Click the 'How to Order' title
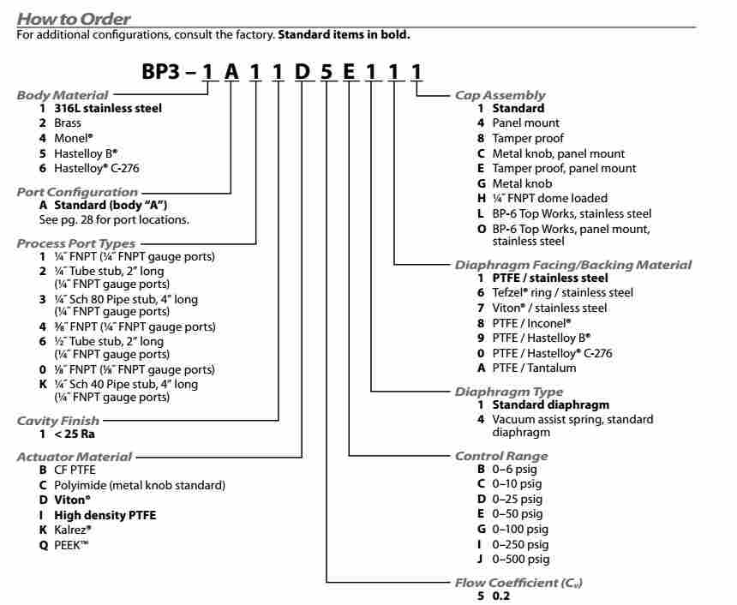coord(74,18)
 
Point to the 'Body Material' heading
coord(63,95)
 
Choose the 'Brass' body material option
coord(68,123)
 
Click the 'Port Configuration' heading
coord(77,192)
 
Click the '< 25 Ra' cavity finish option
coord(75,434)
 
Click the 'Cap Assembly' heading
coord(500,95)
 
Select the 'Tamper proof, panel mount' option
coord(564,169)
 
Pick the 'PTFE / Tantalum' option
coord(534,368)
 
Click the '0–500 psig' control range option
coord(520,560)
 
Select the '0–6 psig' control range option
coord(514,470)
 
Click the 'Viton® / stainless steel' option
coord(549,308)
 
